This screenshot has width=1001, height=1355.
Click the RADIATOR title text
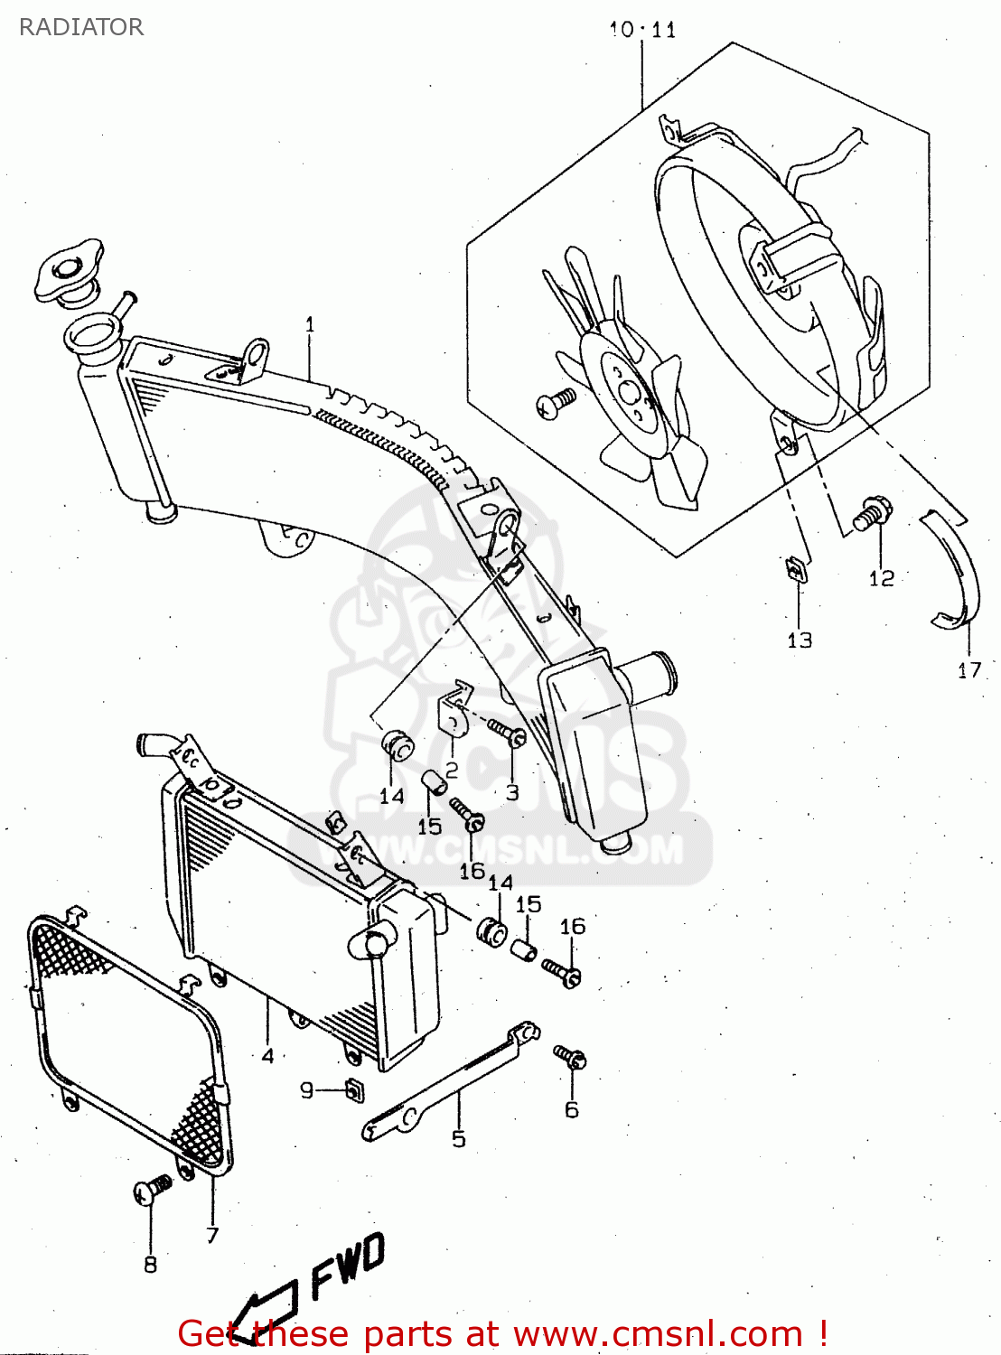pyautogui.click(x=81, y=27)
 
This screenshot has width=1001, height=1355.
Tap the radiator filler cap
pyautogui.click(x=69, y=268)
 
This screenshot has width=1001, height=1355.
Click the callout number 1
pyautogui.click(x=310, y=324)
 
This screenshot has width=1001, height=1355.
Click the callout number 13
pyautogui.click(x=800, y=640)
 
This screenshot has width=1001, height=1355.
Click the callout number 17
pyautogui.click(x=968, y=670)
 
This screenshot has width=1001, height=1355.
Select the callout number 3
pyautogui.click(x=512, y=793)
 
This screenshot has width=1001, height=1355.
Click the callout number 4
pyautogui.click(x=267, y=1055)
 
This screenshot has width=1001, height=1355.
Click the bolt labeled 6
pyautogui.click(x=572, y=1058)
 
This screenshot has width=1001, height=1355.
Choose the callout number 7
pyautogui.click(x=212, y=1235)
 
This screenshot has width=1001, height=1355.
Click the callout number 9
pyautogui.click(x=307, y=1090)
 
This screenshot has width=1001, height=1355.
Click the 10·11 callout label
pyautogui.click(x=642, y=30)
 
